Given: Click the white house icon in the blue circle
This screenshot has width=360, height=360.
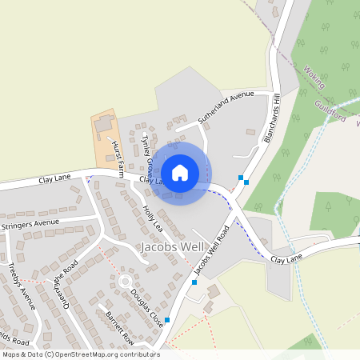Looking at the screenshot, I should tap(180, 172).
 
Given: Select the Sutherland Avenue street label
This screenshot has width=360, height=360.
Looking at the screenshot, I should tap(225, 106).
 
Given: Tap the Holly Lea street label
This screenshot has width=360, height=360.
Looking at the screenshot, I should tap(152, 218).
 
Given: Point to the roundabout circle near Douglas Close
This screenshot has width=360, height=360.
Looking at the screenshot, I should tap(124, 282).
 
